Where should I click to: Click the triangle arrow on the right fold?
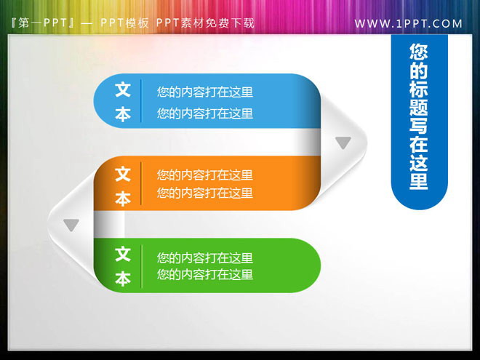pos(343,143)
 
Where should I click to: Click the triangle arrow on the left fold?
pos(71,225)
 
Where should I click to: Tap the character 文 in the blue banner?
pos(123,90)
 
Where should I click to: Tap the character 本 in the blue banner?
pos(123,114)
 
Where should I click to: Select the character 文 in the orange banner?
pos(123,174)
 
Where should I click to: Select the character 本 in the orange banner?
pos(123,197)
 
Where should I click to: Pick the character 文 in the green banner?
pos(123,254)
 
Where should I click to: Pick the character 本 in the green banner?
pos(123,278)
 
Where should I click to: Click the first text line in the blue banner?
pos(205,92)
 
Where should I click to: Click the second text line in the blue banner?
pos(205,113)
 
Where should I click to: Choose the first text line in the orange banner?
pos(205,175)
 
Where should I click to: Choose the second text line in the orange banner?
pos(205,193)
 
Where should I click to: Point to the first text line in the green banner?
pos(205,257)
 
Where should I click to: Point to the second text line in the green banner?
pos(205,274)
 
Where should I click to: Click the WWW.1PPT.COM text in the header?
pos(408,23)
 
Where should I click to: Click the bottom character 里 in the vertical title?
pos(419,181)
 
